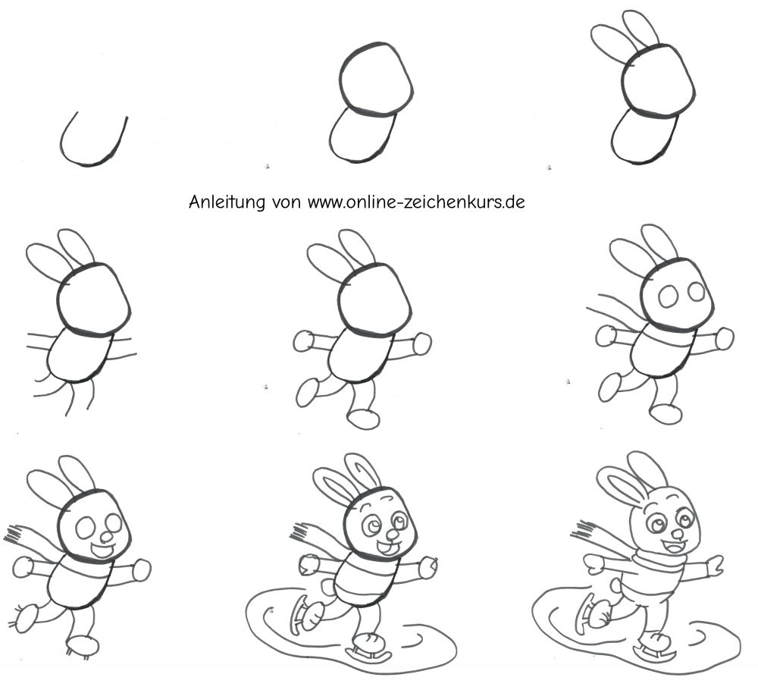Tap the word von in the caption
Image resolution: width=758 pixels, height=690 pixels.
(287, 202)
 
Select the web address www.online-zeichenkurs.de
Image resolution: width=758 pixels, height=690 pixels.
(416, 202)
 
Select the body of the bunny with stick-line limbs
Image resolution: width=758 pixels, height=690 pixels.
(80, 354)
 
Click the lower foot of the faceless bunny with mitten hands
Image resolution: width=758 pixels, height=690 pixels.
(364, 419)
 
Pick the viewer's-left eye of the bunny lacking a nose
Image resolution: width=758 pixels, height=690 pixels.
(669, 296)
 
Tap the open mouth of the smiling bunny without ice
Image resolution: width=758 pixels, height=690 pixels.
(102, 550)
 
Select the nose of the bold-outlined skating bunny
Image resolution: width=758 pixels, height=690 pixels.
(393, 535)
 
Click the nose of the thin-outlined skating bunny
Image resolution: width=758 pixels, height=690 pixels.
(678, 533)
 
